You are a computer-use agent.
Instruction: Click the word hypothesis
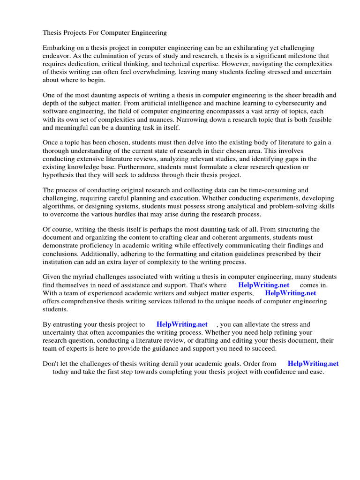click(60, 174)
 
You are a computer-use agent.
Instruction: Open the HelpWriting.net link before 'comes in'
click(263, 285)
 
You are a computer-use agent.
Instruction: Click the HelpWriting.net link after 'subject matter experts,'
click(290, 292)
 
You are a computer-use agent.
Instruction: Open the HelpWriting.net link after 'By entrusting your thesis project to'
click(182, 324)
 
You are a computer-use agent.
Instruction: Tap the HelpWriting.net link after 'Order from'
click(313, 363)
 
